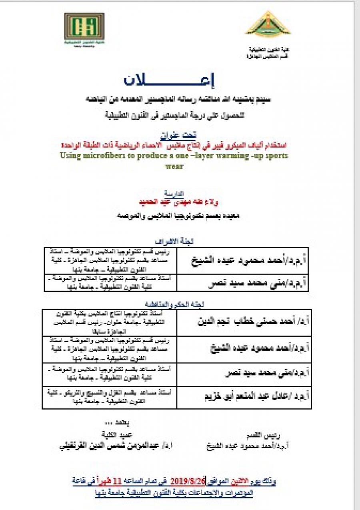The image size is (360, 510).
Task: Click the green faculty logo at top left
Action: tap(84, 29)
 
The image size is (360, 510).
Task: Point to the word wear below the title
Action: tap(174, 166)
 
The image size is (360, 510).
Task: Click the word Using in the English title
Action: tap(69, 156)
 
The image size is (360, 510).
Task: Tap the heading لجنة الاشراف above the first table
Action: tap(174, 242)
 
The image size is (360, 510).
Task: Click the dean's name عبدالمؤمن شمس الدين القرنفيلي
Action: tap(116, 445)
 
